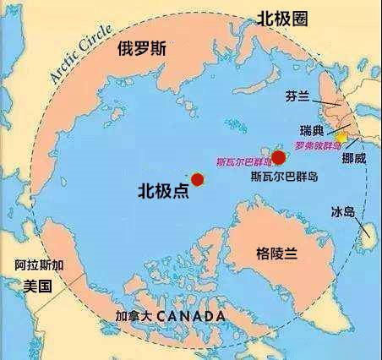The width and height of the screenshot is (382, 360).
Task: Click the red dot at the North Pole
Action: coord(198,179)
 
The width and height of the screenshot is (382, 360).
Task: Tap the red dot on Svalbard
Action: coord(277,157)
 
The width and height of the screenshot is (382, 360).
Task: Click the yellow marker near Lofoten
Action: coord(341,136)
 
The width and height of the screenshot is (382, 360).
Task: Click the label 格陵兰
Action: coord(281,252)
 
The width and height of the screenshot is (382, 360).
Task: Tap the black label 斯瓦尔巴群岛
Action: coord(286,178)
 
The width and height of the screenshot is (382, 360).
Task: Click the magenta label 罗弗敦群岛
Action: coord(318,145)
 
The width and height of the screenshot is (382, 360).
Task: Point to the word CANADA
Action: coord(191,316)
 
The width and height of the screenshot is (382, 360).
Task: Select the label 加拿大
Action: coord(134,316)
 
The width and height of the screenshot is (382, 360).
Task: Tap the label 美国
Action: coord(38,286)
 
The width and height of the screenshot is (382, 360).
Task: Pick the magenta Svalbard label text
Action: coord(243,161)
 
